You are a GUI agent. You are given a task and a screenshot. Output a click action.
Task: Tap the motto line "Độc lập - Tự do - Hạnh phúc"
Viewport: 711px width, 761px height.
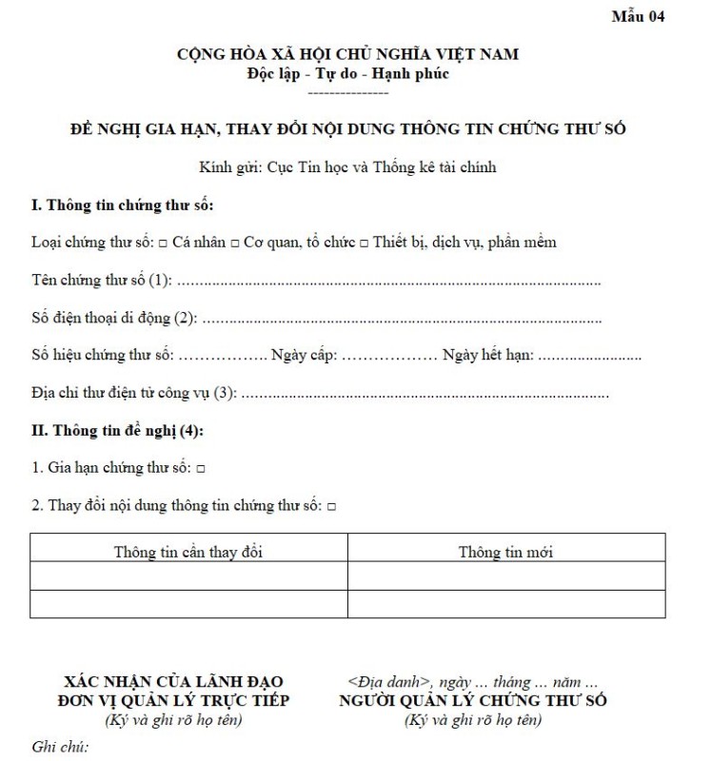(x=348, y=72)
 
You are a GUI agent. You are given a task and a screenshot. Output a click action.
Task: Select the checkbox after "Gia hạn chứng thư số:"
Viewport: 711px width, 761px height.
(x=201, y=470)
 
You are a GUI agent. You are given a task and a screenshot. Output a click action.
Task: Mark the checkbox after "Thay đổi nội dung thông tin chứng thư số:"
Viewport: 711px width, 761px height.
(x=331, y=508)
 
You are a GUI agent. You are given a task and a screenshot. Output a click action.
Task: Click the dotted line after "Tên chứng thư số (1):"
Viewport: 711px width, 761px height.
(x=389, y=282)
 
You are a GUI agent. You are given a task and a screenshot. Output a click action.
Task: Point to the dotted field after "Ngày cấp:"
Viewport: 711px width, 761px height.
(x=388, y=357)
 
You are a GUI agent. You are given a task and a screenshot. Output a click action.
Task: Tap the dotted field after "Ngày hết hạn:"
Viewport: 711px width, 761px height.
(x=589, y=357)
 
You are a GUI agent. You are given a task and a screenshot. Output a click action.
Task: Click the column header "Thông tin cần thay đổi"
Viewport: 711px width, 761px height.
(x=188, y=552)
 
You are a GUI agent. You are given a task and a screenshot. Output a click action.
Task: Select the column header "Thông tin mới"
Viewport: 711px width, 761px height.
(x=505, y=552)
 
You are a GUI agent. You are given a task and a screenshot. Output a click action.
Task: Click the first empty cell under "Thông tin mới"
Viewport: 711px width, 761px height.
(x=505, y=576)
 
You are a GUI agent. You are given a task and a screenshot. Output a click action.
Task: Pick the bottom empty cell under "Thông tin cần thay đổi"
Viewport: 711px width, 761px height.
(x=188, y=604)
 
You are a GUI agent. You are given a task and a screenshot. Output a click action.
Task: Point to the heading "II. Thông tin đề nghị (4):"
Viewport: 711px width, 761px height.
(x=117, y=431)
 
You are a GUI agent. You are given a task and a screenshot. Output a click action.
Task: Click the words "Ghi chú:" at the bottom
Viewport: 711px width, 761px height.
(x=60, y=747)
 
